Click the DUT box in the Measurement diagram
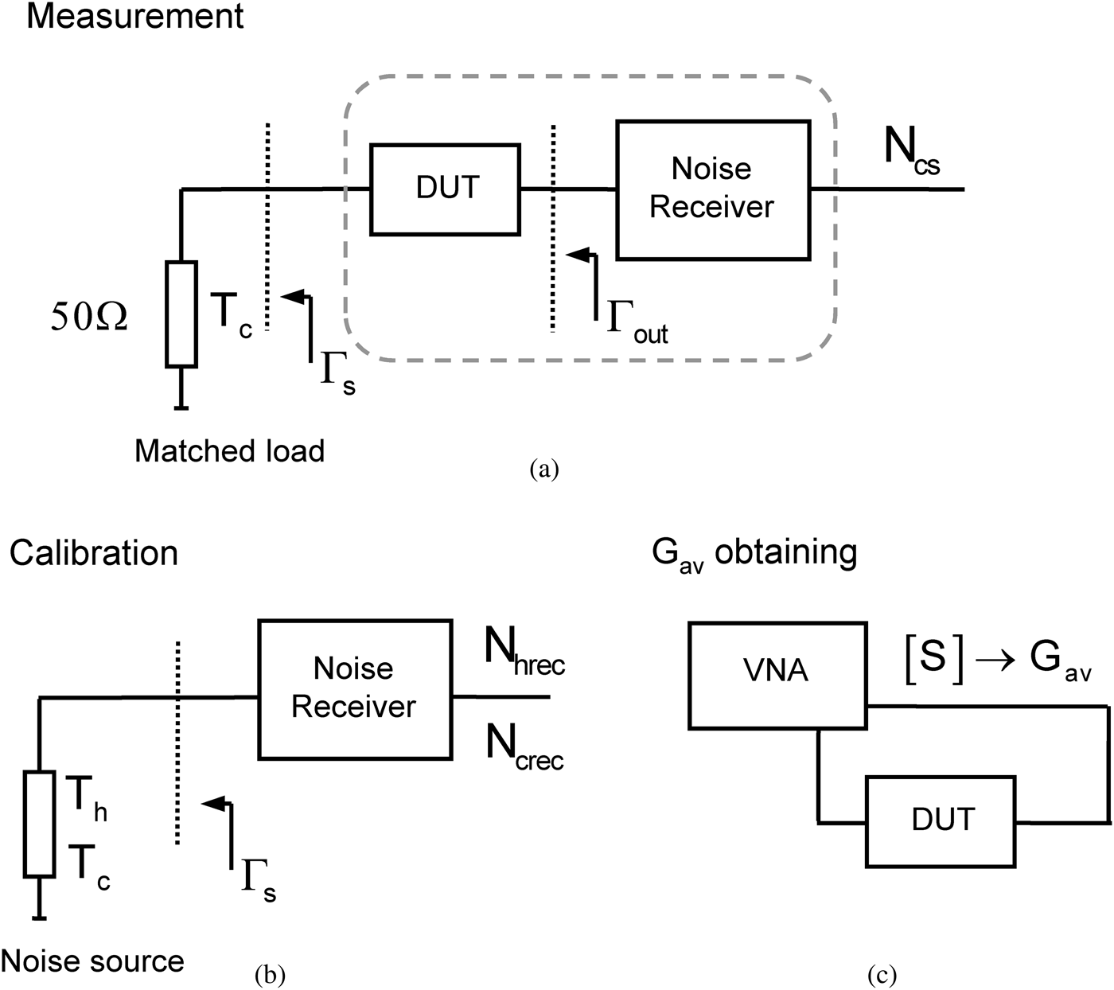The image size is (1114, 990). click(446, 189)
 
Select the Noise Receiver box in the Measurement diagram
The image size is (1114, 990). click(713, 189)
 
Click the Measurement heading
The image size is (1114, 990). click(135, 16)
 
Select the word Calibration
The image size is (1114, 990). click(94, 553)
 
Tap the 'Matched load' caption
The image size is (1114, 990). click(229, 451)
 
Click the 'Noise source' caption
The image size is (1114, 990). click(92, 961)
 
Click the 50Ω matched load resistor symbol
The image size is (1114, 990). click(181, 314)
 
